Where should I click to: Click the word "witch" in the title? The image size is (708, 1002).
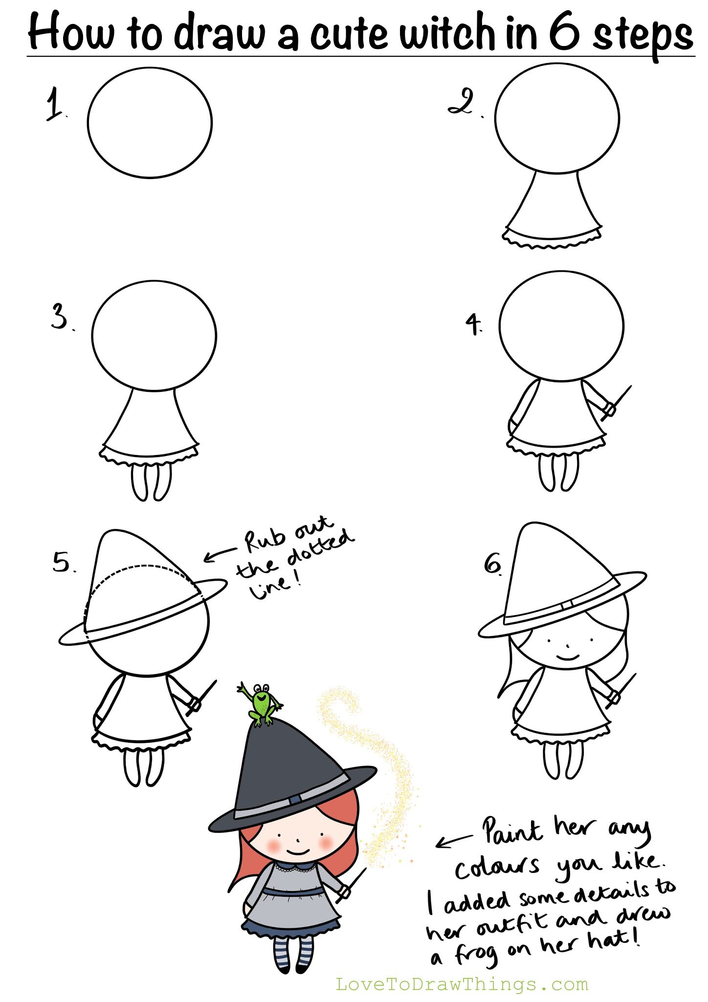click(446, 32)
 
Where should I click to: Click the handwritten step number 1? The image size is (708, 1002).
click(55, 104)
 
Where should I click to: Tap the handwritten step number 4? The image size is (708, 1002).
click(473, 324)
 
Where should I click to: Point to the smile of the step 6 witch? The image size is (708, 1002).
click(568, 657)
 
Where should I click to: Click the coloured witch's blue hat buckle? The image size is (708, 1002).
click(295, 799)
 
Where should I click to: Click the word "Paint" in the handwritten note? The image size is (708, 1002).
click(512, 830)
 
